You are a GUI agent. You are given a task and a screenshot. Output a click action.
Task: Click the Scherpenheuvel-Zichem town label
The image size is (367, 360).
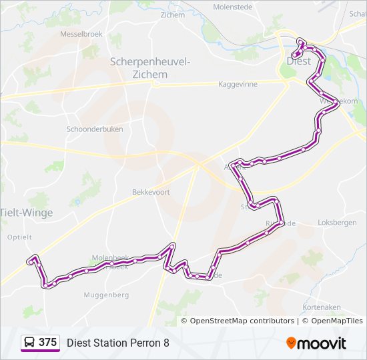pyautogui.click(x=149, y=68)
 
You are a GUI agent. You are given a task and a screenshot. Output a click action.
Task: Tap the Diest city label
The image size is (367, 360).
pyautogui.click(x=298, y=61)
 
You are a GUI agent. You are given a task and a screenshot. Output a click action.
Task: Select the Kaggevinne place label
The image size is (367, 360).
pyautogui.click(x=238, y=85)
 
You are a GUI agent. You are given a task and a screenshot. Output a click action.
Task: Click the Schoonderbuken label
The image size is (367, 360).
pyautogui.click(x=95, y=129)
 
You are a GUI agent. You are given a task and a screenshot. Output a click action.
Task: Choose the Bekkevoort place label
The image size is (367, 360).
pyautogui.click(x=151, y=192)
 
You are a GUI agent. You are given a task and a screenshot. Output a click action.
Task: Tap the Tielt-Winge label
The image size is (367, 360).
pyautogui.click(x=26, y=213)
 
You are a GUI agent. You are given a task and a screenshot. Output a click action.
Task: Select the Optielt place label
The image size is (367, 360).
pyautogui.click(x=19, y=237)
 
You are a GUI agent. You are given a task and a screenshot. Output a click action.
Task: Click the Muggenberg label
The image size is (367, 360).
pyautogui.click(x=106, y=295)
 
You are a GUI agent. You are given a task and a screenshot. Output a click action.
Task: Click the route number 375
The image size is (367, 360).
pyautogui.click(x=47, y=343)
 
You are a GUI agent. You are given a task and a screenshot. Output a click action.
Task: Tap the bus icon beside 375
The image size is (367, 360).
pyautogui.click(x=30, y=343)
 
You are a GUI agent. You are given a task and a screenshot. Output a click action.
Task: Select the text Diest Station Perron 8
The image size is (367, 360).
pyautogui.click(x=118, y=343)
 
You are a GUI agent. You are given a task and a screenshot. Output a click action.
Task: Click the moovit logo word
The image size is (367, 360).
pyautogui.click(x=322, y=343)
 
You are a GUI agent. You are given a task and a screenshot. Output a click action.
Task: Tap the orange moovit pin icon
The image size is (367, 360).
pyautogui.click(x=292, y=343)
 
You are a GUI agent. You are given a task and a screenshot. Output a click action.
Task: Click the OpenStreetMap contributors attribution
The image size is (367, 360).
pyautogui.click(x=242, y=321)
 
